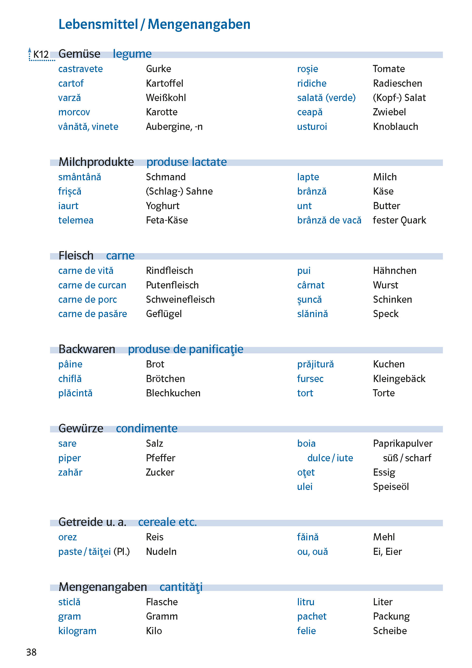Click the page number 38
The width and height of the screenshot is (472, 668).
tap(31, 652)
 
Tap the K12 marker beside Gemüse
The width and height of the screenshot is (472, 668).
tap(41, 54)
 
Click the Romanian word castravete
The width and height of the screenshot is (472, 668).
tap(80, 69)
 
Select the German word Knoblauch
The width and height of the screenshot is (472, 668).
tap(395, 127)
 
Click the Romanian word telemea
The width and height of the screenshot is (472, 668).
tap(76, 220)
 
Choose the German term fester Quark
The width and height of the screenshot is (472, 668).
tap(399, 220)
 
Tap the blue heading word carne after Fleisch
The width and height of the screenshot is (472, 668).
tap(120, 256)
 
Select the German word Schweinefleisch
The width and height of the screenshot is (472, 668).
tap(180, 300)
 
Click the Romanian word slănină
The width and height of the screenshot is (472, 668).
tap(312, 314)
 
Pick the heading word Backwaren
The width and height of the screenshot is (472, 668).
tap(87, 349)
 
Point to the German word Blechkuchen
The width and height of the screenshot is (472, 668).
tap(173, 393)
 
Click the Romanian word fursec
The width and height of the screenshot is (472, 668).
tap(310, 379)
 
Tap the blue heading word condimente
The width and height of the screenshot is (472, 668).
tap(146, 428)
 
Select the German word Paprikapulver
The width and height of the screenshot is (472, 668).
tap(402, 444)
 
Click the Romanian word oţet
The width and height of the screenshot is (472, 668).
tap(306, 472)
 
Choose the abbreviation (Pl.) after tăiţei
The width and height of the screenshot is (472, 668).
tap(122, 552)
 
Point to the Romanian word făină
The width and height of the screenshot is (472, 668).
tap(308, 537)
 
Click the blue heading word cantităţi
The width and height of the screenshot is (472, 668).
tap(181, 587)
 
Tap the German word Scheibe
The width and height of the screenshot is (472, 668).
tap(390, 631)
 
